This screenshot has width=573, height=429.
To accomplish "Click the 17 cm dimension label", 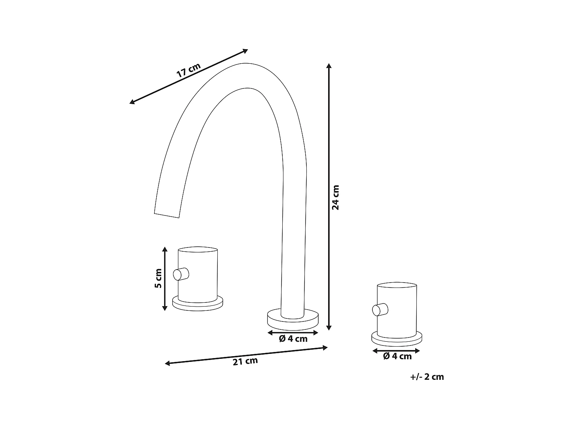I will pos(188,71).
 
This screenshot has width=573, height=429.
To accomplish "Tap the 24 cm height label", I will pos(335,197).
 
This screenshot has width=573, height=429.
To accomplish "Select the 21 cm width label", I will pos(245,361).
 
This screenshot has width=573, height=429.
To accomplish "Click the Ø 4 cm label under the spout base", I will pos(293,339).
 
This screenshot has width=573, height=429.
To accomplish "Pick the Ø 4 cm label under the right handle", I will pos(397,356).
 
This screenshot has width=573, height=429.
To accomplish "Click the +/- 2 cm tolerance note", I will pos(427,377).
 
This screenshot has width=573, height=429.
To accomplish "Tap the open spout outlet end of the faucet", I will pos(167,214).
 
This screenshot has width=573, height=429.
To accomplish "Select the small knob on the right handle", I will pos(380,309).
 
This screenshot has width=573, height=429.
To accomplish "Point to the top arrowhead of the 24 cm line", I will pos(329,66).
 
